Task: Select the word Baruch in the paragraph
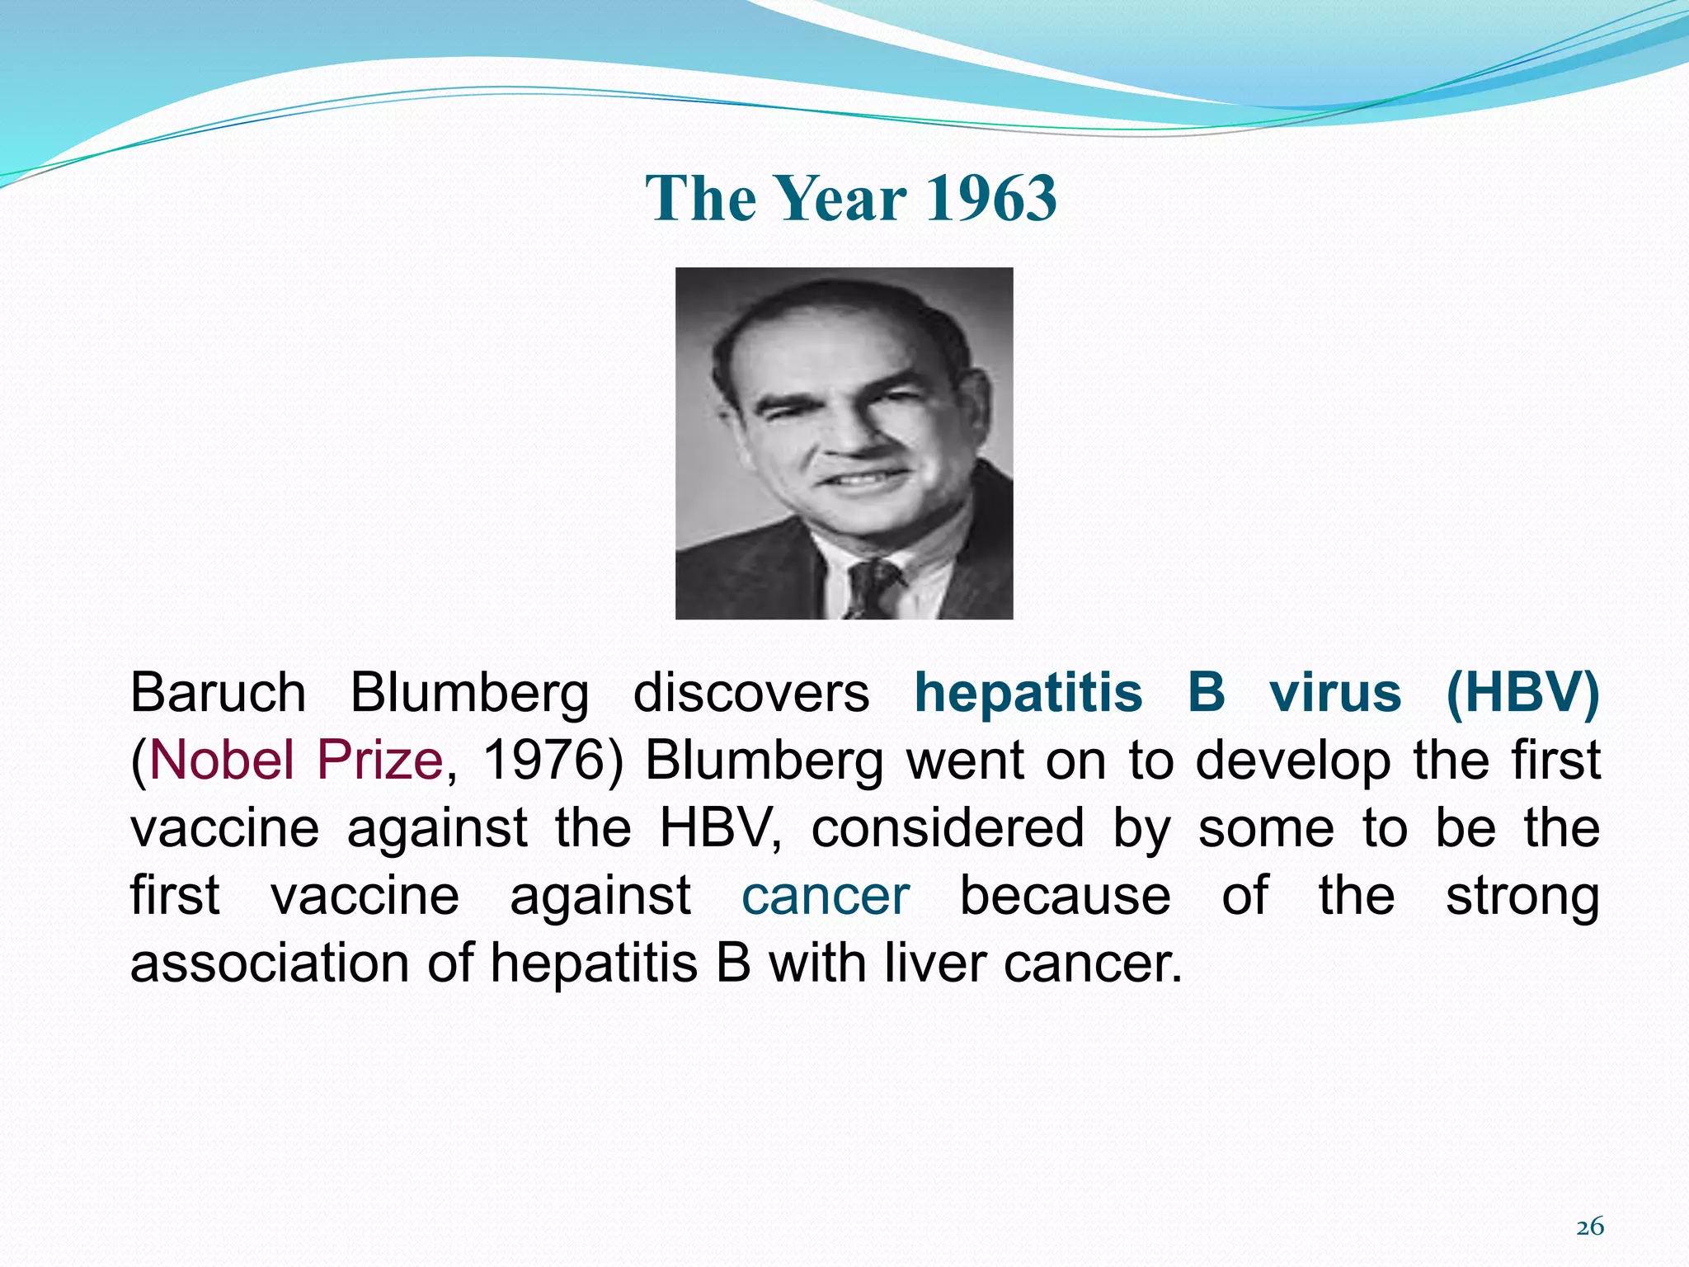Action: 218,692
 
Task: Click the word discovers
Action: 750,692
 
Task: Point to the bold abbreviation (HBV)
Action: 1522,692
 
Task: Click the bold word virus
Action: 1335,692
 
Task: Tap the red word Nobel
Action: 221,760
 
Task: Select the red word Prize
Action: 380,760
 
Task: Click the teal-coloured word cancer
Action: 826,896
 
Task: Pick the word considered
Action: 948,828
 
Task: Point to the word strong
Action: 1522,896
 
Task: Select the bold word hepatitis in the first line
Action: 1028,692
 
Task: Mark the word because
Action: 1065,896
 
